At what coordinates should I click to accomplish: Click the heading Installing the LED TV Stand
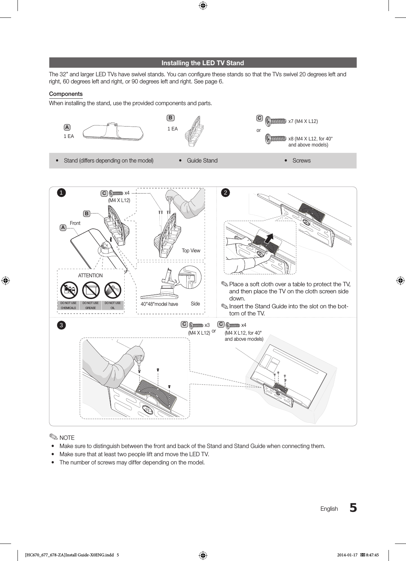coord(202,63)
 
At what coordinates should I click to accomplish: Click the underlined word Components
coord(66,94)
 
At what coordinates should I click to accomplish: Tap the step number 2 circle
coord(225,193)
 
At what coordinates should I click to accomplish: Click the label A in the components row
coord(67,127)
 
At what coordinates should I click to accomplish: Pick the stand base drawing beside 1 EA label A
coord(113,132)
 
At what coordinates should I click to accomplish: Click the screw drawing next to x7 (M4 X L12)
coord(276,122)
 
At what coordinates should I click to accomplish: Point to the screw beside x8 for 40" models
coord(276,139)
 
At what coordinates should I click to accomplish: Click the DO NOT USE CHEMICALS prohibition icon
coord(69,290)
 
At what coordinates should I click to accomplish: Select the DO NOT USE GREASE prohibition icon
coord(91,290)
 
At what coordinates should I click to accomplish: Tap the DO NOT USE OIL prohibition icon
coord(113,290)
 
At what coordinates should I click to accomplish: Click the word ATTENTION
coord(90,276)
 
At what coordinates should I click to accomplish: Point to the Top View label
coord(191,251)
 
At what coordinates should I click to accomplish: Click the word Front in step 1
coord(75,223)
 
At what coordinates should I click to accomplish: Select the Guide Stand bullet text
coord(202,160)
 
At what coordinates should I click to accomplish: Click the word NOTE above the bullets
coord(67,438)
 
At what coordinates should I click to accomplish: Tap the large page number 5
coord(353,508)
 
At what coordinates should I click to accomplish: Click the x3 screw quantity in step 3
coord(207,325)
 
